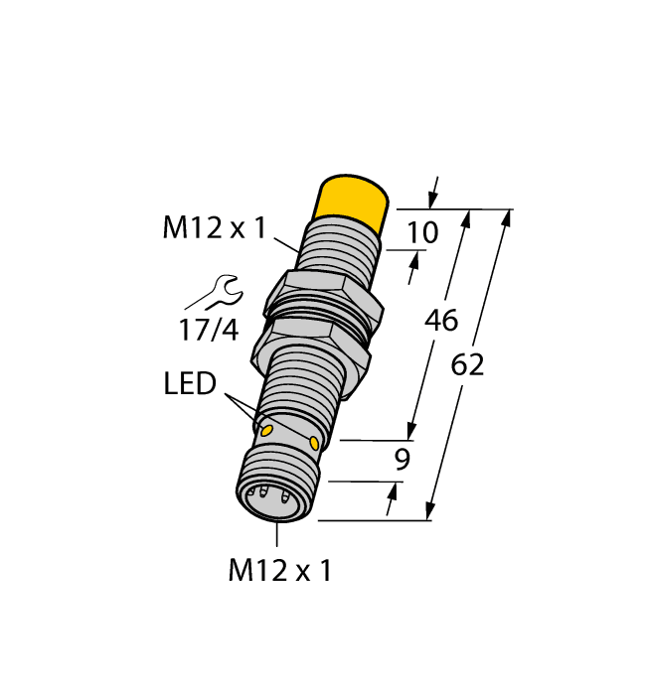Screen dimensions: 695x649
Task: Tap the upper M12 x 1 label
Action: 214,229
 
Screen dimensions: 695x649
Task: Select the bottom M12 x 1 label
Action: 279,571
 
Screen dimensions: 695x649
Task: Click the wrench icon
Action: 214,293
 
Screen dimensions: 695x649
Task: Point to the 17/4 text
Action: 208,329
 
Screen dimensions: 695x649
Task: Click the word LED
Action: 190,384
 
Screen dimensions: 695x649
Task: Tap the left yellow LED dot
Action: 265,430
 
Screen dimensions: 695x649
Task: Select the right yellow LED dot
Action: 315,442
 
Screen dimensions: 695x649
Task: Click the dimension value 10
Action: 422,232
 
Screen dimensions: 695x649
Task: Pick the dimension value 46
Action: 441,320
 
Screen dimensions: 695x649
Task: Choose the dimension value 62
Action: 467,364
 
